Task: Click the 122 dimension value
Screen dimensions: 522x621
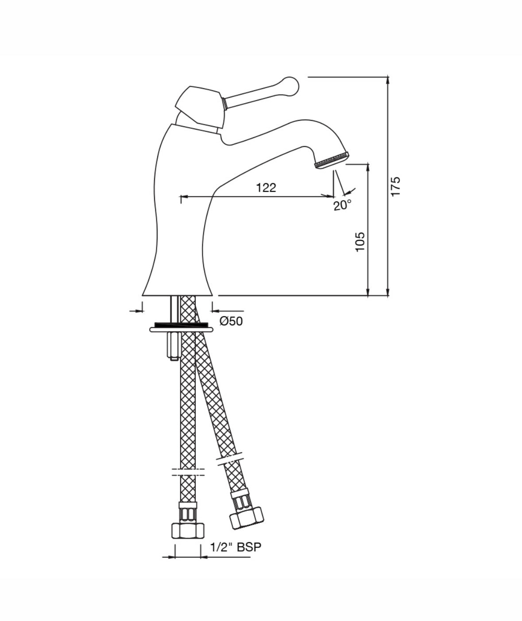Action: tap(266, 187)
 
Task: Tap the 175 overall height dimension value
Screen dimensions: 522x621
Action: tap(395, 186)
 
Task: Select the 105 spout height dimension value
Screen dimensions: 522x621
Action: tap(360, 242)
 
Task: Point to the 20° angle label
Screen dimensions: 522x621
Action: tap(342, 205)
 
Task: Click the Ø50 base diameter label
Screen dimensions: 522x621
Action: tap(231, 321)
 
